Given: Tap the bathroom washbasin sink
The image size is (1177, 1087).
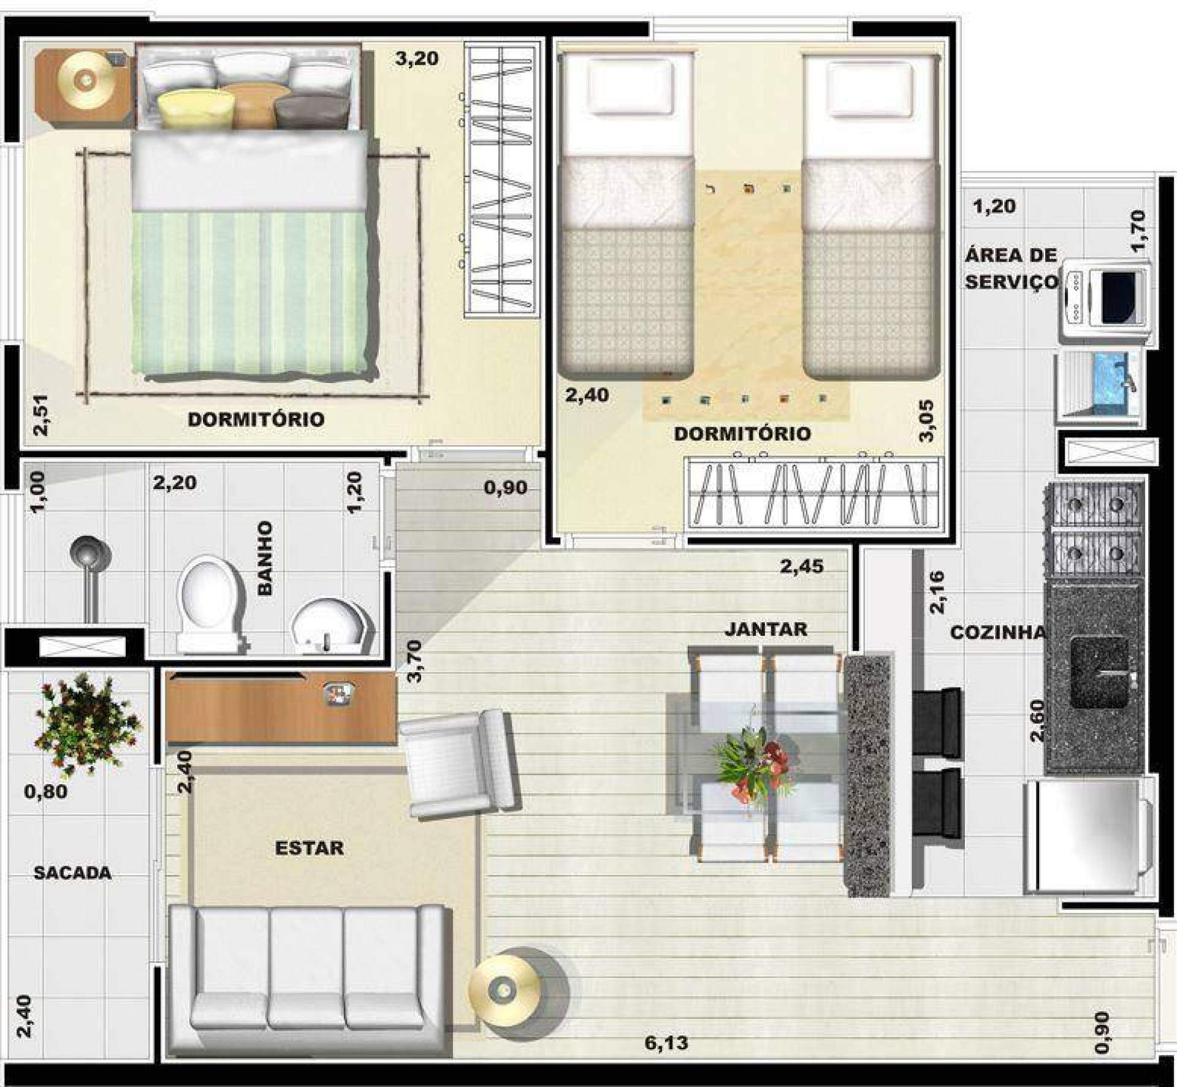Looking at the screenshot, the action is click(332, 626).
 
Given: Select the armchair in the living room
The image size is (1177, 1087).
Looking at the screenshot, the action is click(460, 763).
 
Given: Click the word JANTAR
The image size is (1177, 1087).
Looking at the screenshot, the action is click(766, 628).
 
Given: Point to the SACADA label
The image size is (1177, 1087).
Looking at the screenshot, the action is click(72, 873).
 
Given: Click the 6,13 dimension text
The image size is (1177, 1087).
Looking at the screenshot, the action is click(666, 1042).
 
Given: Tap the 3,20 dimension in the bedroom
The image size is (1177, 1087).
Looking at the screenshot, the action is click(417, 59).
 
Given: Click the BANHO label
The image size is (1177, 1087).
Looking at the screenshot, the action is click(265, 558).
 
